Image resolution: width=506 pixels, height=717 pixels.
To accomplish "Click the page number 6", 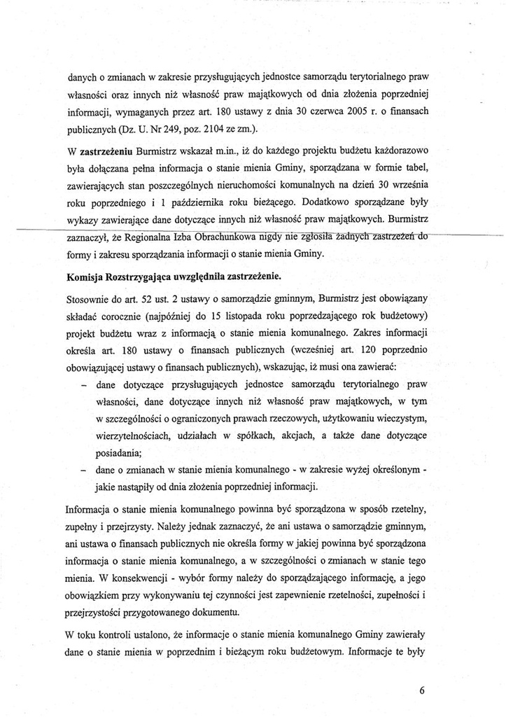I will click(x=423, y=689).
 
